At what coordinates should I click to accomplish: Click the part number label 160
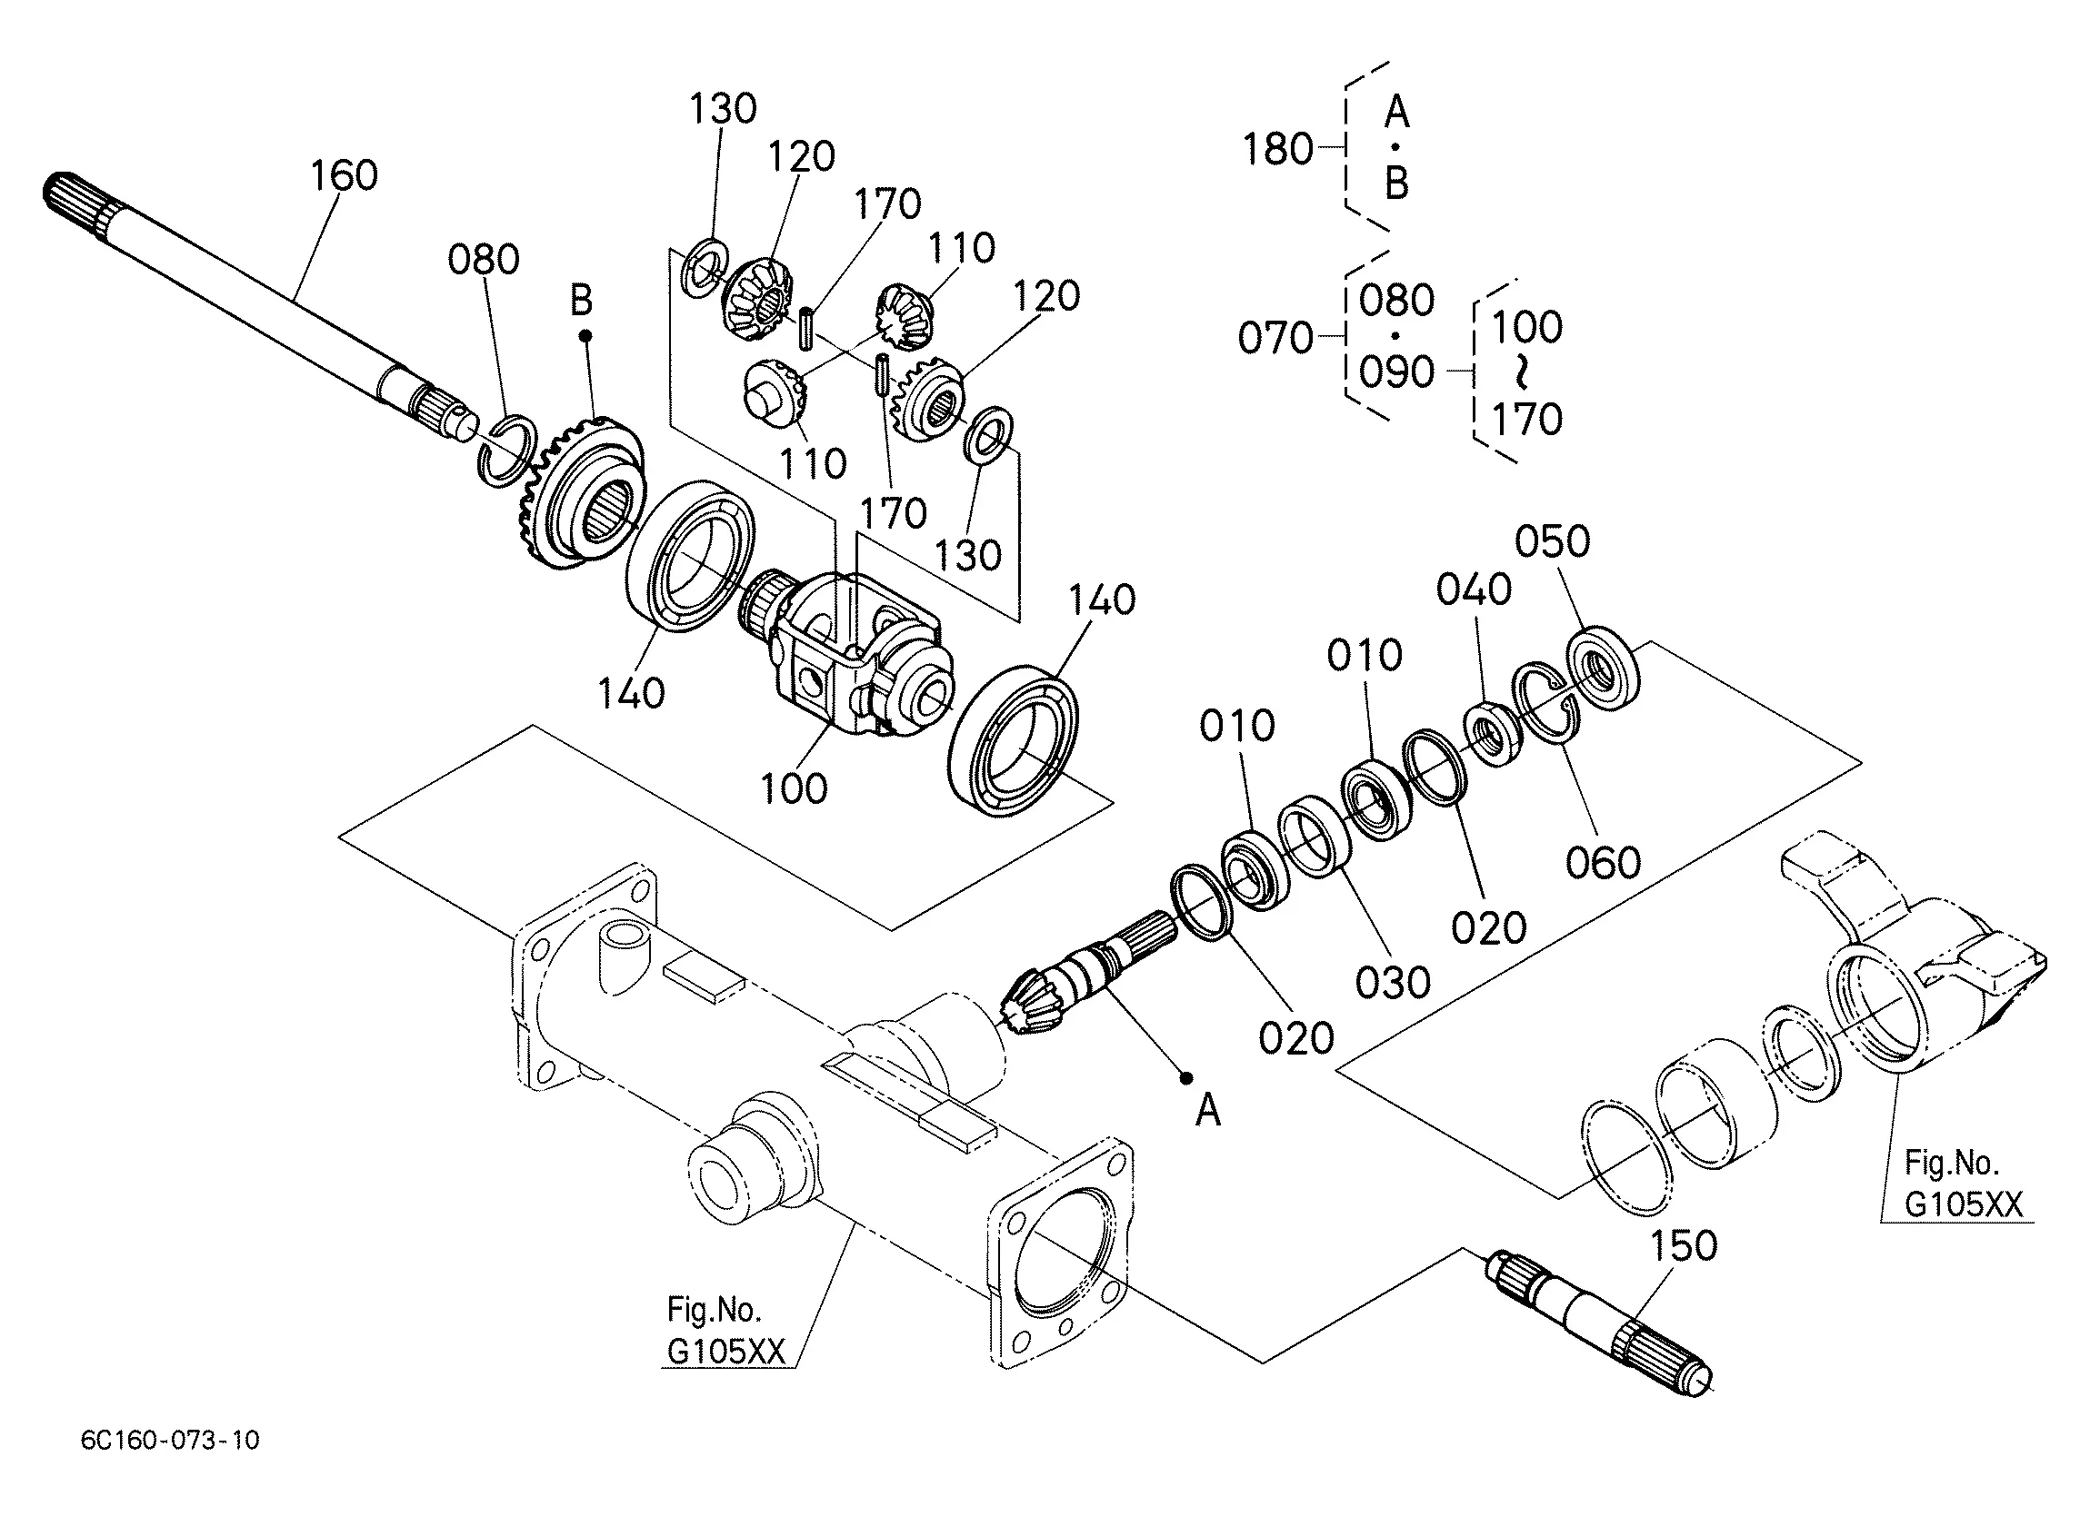tap(344, 175)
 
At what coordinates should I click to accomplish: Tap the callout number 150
tap(1684, 1246)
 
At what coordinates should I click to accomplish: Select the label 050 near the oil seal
tap(1553, 541)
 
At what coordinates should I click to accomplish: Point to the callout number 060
tap(1604, 863)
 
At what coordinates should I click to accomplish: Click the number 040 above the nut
tap(1475, 590)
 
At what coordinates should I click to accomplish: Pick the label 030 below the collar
tap(1394, 984)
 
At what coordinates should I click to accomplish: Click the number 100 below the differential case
tap(795, 789)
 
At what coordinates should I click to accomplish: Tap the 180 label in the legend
tap(1278, 149)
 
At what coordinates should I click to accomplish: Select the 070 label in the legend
tap(1275, 339)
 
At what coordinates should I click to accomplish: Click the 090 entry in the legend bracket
tap(1397, 373)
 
